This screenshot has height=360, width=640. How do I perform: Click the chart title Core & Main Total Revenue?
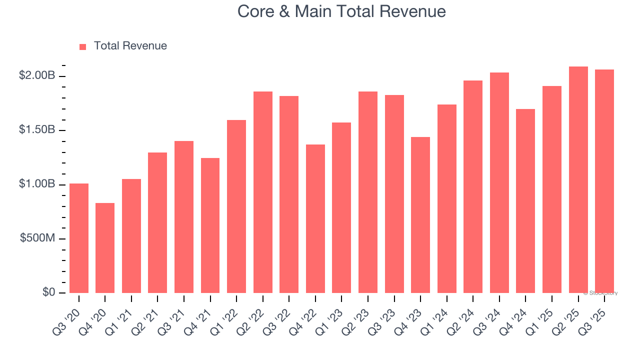tap(341, 11)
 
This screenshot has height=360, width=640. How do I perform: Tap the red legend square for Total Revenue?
tap(83, 46)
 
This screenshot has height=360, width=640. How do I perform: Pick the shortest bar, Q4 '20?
tap(105, 248)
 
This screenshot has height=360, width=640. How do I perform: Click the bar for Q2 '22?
tap(263, 192)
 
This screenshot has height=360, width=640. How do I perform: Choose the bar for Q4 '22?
tap(315, 218)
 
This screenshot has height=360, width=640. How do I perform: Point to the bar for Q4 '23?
tap(420, 215)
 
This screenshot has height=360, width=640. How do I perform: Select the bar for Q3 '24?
tap(499, 182)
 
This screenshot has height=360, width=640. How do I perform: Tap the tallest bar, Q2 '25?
tap(578, 179)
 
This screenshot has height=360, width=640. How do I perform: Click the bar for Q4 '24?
tap(525, 201)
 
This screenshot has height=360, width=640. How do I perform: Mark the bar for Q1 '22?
tap(236, 206)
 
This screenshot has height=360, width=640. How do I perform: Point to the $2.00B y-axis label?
tap(37, 75)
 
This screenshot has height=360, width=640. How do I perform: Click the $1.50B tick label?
tap(37, 129)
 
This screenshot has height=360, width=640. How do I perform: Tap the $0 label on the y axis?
tap(48, 292)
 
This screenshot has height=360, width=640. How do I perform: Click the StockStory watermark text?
tap(600, 293)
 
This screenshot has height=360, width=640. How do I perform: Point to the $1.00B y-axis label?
tap(37, 184)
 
